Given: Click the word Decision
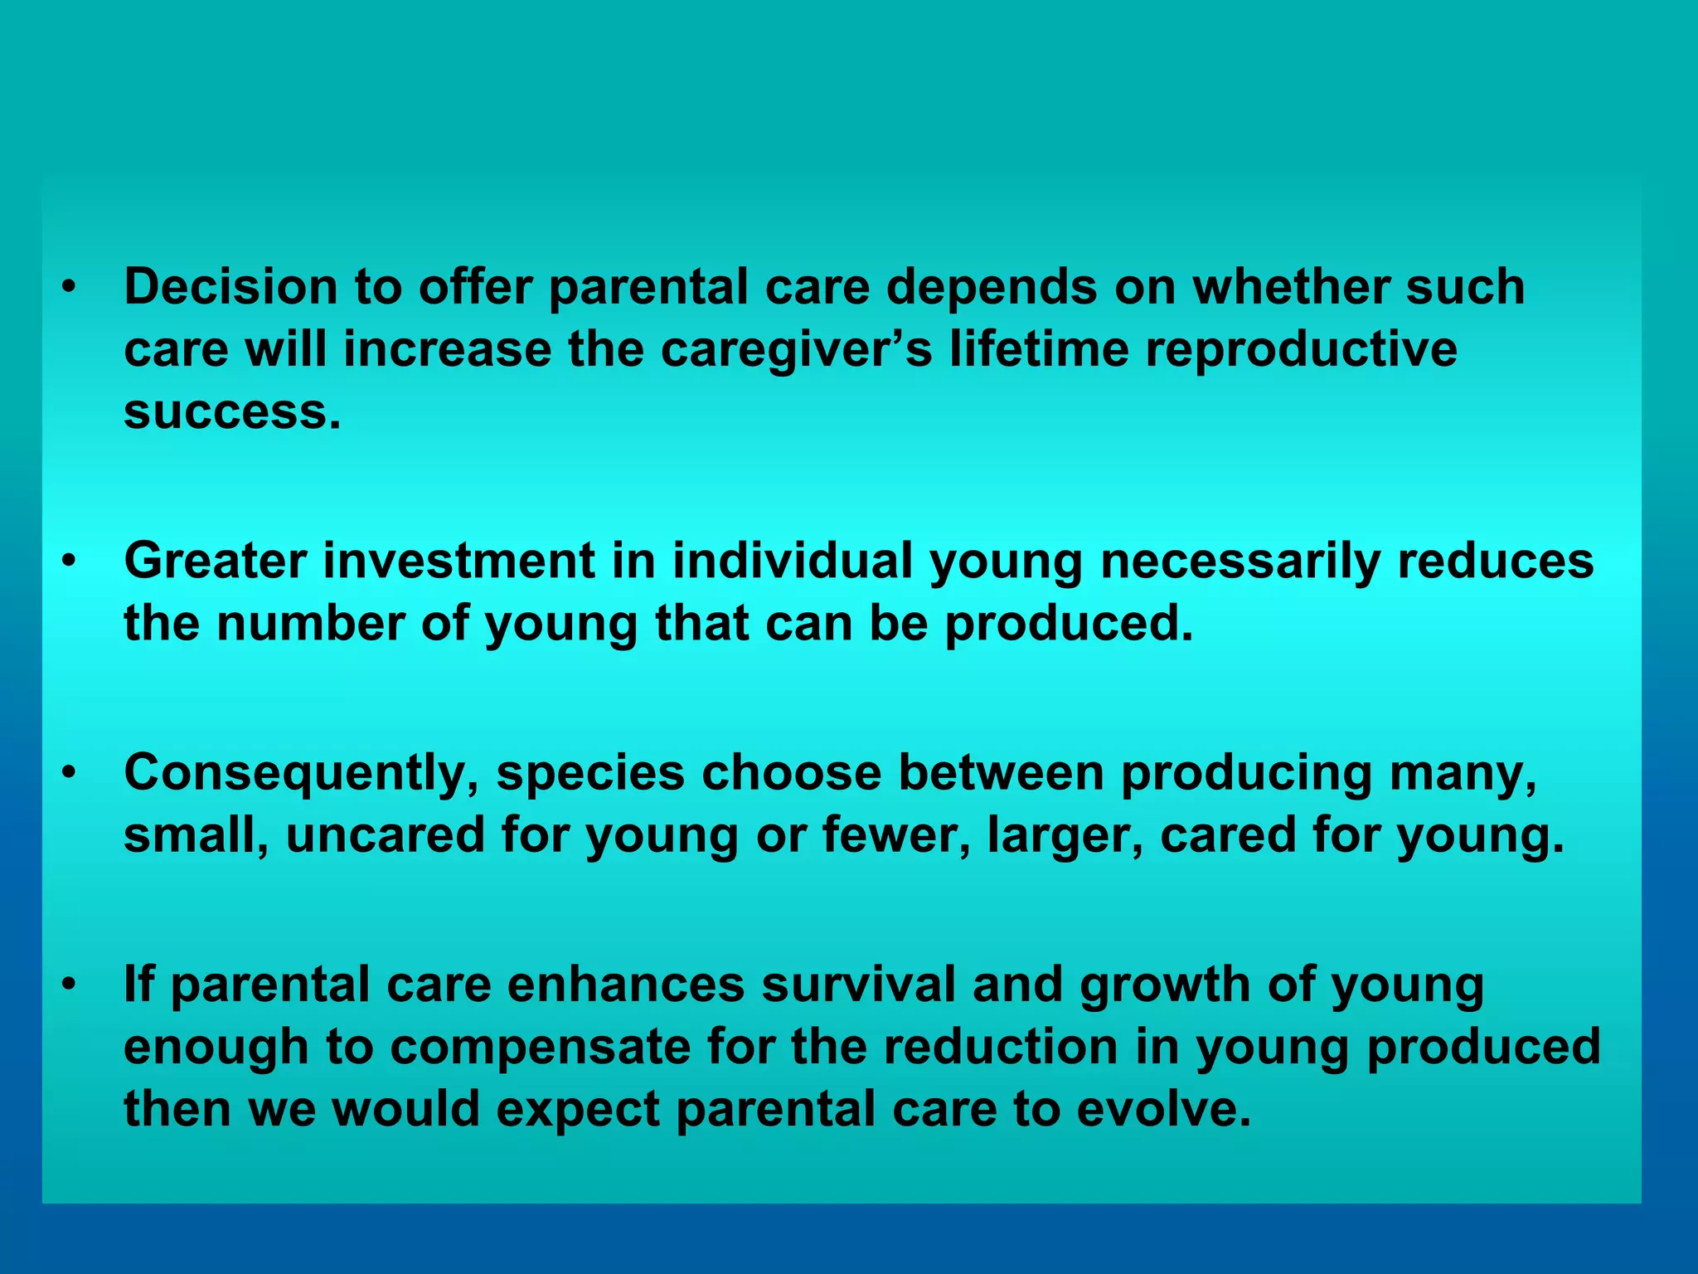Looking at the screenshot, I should point(230,287).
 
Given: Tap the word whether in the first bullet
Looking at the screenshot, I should point(1289,287).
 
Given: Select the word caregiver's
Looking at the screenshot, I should point(796,349).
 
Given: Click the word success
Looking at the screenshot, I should point(231,411).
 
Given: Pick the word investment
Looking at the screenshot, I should point(458,562).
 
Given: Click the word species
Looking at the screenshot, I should point(589,773).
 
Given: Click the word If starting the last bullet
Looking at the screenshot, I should point(138,985).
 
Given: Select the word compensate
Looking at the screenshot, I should point(541,1048).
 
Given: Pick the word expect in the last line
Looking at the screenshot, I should point(578,1110).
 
